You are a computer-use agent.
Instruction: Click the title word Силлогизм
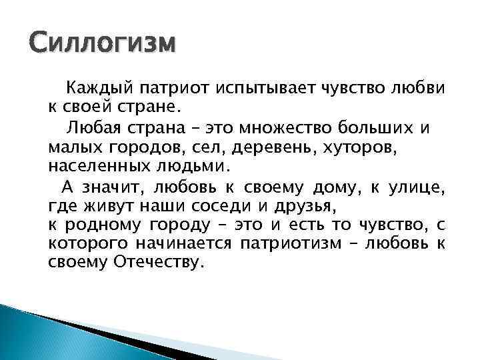104,44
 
